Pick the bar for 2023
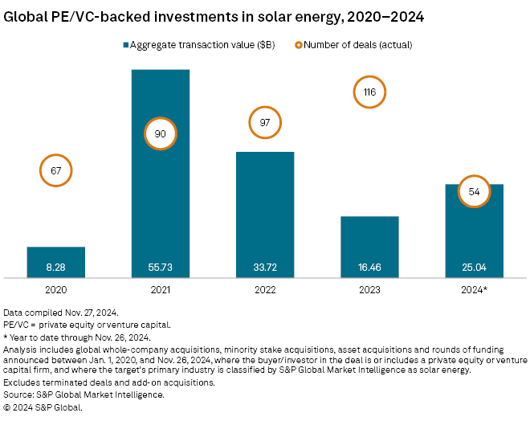pos(369,246)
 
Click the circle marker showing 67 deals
pos(56,170)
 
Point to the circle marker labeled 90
pos(160,134)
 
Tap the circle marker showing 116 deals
pos(369,92)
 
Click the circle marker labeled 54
pos(474,191)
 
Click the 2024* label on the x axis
pos(474,288)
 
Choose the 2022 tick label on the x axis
pos(265,288)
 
